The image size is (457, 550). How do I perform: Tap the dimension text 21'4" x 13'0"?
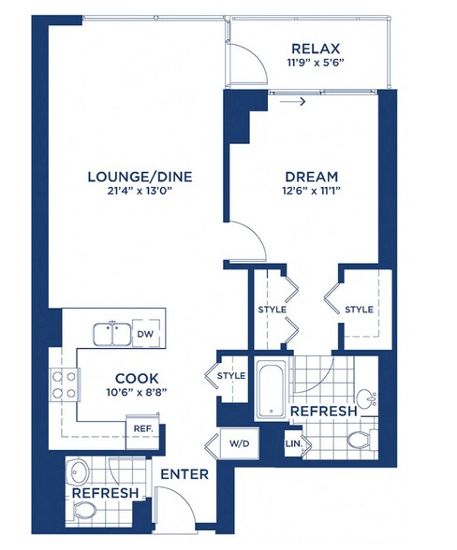pos(140,191)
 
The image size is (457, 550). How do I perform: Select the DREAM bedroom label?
pos(312,177)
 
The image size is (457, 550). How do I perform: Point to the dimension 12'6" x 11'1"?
pos(312,191)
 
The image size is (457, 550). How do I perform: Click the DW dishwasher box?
pos(145,334)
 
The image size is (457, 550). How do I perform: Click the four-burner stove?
pos(65,384)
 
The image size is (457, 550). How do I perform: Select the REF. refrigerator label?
pos(143,428)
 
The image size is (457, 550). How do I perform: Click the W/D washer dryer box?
pos(239,443)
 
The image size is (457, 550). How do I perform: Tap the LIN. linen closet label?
pos(294,443)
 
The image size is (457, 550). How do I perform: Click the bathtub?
pos(271,389)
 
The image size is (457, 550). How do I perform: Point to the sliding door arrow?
pos(292,102)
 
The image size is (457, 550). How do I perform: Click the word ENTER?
pos(184,474)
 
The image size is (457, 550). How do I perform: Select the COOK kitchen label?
pos(137,379)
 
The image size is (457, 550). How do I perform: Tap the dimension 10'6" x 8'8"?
pos(137,393)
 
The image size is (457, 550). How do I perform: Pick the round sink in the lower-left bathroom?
pos(79,471)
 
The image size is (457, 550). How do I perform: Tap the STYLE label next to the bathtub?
pos(231,376)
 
